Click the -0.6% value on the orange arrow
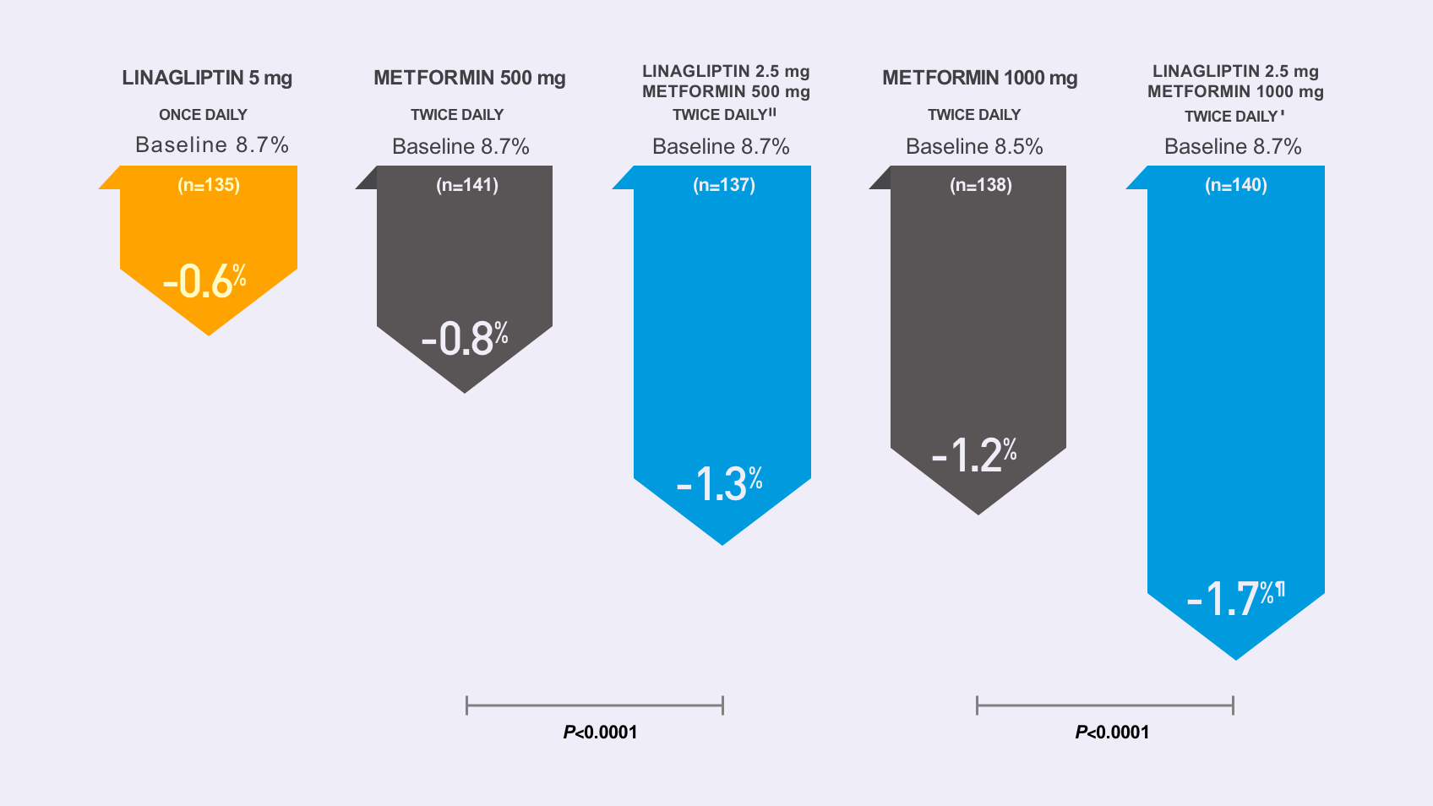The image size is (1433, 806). [204, 281]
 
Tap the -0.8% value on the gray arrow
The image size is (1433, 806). [465, 339]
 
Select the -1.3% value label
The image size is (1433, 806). [720, 484]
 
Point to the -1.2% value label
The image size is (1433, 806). [974, 455]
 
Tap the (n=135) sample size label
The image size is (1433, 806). [209, 185]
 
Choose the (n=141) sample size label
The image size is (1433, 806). [467, 185]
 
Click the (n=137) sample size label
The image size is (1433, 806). [724, 185]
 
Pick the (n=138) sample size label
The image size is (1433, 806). [981, 185]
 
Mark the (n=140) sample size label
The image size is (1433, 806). [1236, 185]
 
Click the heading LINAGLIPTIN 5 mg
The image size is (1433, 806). [207, 78]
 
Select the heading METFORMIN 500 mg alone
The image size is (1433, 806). [470, 78]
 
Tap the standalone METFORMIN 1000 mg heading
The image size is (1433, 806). [980, 78]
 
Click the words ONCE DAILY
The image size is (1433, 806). [203, 115]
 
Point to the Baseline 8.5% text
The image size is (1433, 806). [974, 147]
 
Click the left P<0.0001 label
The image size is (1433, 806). [600, 732]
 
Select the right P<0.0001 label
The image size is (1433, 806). [1112, 732]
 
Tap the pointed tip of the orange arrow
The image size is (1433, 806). [209, 333]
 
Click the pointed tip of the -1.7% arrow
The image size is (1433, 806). [1235, 656]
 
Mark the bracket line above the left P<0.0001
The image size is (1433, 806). [595, 705]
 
